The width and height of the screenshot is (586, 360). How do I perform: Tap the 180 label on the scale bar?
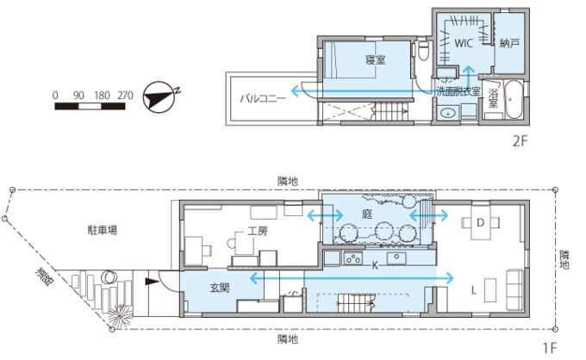pyautogui.click(x=102, y=96)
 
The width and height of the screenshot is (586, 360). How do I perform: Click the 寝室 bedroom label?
pyautogui.click(x=375, y=59)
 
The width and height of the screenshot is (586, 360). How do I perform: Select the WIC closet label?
pyautogui.click(x=464, y=43)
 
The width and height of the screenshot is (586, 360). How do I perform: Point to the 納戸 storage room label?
pyautogui.click(x=509, y=43)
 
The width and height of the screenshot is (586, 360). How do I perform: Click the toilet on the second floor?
pyautogui.click(x=423, y=51)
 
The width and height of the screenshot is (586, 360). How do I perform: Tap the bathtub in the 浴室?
pyautogui.click(x=511, y=99)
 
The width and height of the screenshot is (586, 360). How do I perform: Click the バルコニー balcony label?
pyautogui.click(x=263, y=98)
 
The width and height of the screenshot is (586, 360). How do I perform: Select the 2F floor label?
pyautogui.click(x=520, y=141)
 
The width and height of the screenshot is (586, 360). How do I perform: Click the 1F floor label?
pyautogui.click(x=550, y=348)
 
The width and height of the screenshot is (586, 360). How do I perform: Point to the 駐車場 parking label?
pyautogui.click(x=103, y=230)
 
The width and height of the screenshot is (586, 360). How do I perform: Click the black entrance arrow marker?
pyautogui.click(x=152, y=282)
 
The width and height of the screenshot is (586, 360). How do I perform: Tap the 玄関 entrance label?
pyautogui.click(x=220, y=288)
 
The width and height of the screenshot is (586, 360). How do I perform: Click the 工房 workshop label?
pyautogui.click(x=258, y=232)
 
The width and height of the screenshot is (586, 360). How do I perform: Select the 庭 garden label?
pyautogui.click(x=367, y=214)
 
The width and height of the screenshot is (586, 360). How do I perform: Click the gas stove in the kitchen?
pyautogui.click(x=352, y=258)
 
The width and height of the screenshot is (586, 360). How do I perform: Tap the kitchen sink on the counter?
pyautogui.click(x=396, y=258)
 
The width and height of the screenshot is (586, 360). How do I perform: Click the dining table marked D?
pyautogui.click(x=481, y=223)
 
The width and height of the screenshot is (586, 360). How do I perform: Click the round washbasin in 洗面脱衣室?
pyautogui.click(x=447, y=112)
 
